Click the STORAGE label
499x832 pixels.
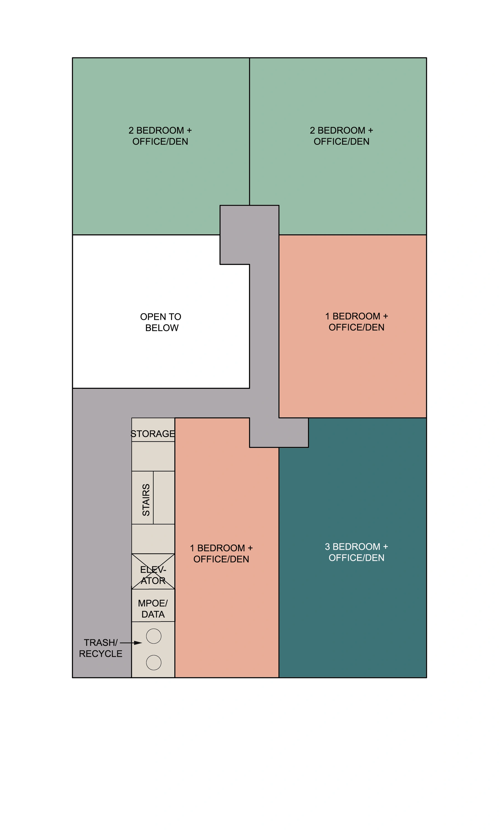click(153, 434)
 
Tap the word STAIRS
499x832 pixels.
click(146, 500)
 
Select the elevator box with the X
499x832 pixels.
click(153, 575)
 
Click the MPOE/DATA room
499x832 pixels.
click(153, 609)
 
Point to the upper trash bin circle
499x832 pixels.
click(154, 636)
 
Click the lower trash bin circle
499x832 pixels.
click(154, 663)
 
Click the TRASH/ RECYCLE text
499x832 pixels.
click(101, 648)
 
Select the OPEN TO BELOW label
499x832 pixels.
click(161, 322)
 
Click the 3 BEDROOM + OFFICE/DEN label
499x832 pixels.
click(357, 552)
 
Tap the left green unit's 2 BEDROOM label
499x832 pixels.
click(160, 136)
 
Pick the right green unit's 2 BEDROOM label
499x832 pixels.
click(341, 136)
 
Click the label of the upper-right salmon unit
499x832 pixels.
click(357, 321)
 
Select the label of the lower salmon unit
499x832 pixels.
click(221, 554)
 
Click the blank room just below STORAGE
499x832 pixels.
click(153, 456)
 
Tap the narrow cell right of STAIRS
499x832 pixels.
click(164, 498)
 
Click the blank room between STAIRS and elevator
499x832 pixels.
click(153, 539)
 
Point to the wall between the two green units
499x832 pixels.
click(249, 131)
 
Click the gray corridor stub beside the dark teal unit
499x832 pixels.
click(279, 433)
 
